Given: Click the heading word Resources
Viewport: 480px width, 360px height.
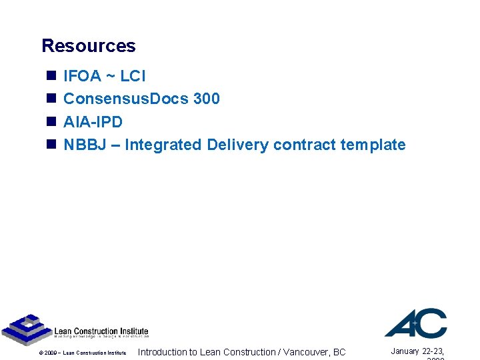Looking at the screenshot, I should (x=89, y=46).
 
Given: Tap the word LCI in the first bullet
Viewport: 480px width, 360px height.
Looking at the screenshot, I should (x=133, y=76).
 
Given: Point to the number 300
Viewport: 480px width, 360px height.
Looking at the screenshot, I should (x=206, y=99).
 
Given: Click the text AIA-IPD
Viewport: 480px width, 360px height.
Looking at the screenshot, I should (x=93, y=122).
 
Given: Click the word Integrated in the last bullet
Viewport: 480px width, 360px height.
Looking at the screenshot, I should (x=163, y=145).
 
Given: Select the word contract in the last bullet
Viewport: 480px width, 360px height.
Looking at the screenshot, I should (x=304, y=145).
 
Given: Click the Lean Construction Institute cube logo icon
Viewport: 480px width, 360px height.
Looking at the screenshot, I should (x=25, y=329).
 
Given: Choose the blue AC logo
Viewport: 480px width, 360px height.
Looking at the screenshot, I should (x=416, y=323).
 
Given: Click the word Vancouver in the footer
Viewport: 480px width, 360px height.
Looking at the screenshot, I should (x=306, y=352).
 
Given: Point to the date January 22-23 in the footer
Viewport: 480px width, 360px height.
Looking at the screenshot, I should (x=417, y=351).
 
